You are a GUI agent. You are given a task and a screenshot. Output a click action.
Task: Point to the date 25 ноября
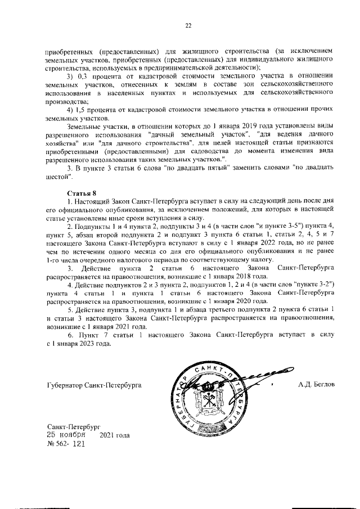tap(66, 435)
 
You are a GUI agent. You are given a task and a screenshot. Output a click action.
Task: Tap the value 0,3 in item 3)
tap(82, 76)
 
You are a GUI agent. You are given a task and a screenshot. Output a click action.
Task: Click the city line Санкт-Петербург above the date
tap(74, 427)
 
